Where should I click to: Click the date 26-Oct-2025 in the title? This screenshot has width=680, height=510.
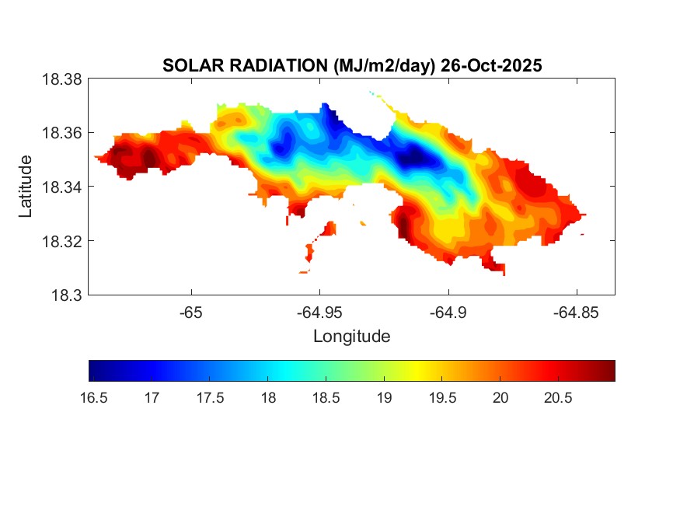490,66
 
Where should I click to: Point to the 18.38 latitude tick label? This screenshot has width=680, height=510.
61,79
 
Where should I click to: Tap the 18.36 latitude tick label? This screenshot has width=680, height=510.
61,133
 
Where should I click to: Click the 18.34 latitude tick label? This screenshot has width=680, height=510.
61,187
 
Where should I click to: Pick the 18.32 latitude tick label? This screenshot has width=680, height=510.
61,241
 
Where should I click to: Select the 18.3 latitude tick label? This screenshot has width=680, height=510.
66,295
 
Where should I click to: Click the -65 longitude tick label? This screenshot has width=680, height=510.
190,313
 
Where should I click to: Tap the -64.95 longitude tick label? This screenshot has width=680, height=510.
319,313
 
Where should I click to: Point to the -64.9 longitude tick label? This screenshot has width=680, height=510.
448,313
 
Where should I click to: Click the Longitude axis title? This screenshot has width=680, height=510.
351,337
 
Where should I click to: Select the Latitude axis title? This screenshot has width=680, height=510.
26,187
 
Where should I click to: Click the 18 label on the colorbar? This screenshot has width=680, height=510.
267,398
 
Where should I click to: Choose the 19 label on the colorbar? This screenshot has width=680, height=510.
384,398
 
